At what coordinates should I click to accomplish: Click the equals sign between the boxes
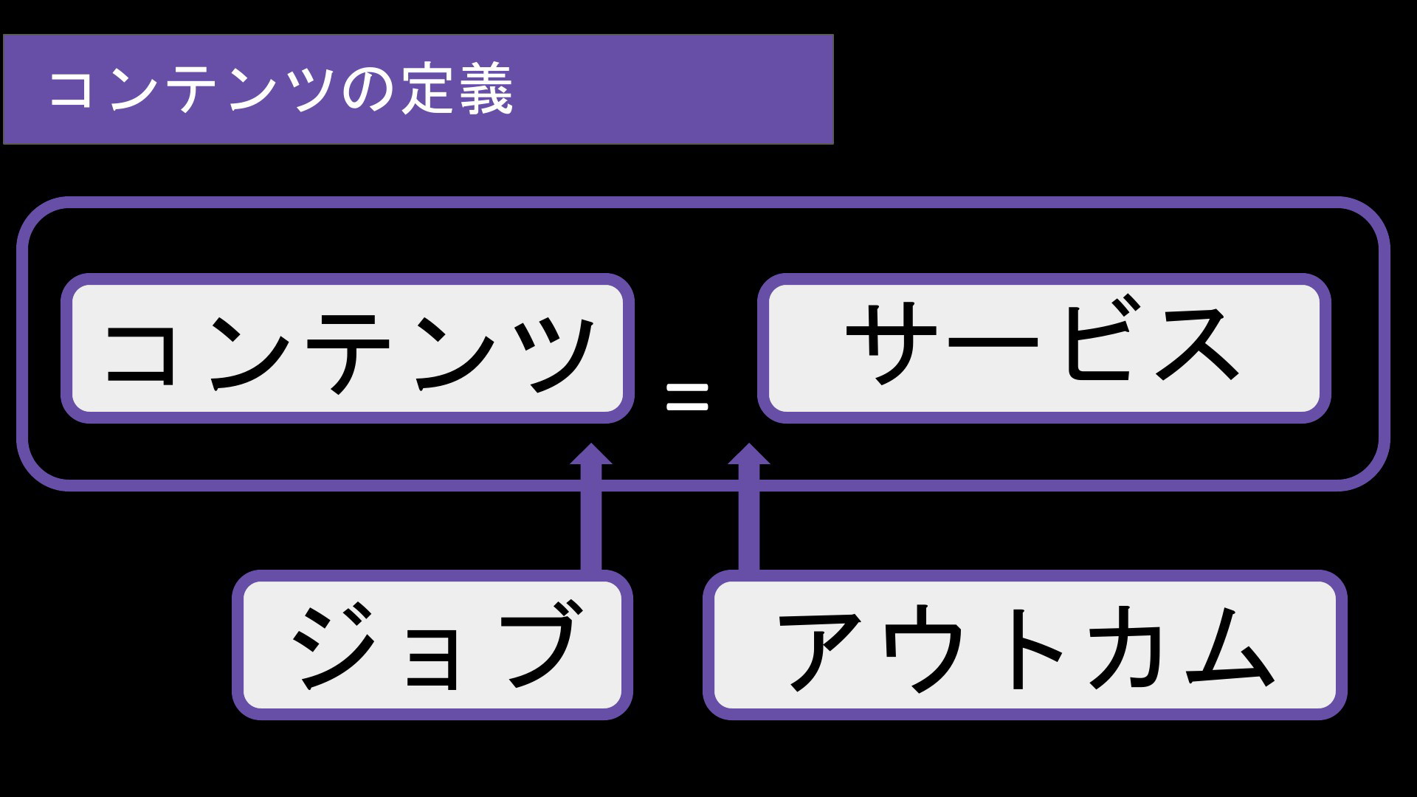687,396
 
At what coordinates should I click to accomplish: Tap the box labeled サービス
1044,348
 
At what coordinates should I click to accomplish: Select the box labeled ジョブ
432,645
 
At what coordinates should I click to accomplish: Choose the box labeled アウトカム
1025,645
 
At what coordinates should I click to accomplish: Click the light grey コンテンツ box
348,348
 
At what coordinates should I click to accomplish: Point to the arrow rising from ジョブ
591,507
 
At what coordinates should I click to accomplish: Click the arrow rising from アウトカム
749,507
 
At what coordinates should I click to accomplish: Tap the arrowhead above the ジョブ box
591,455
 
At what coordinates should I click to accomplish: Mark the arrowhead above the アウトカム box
749,455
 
